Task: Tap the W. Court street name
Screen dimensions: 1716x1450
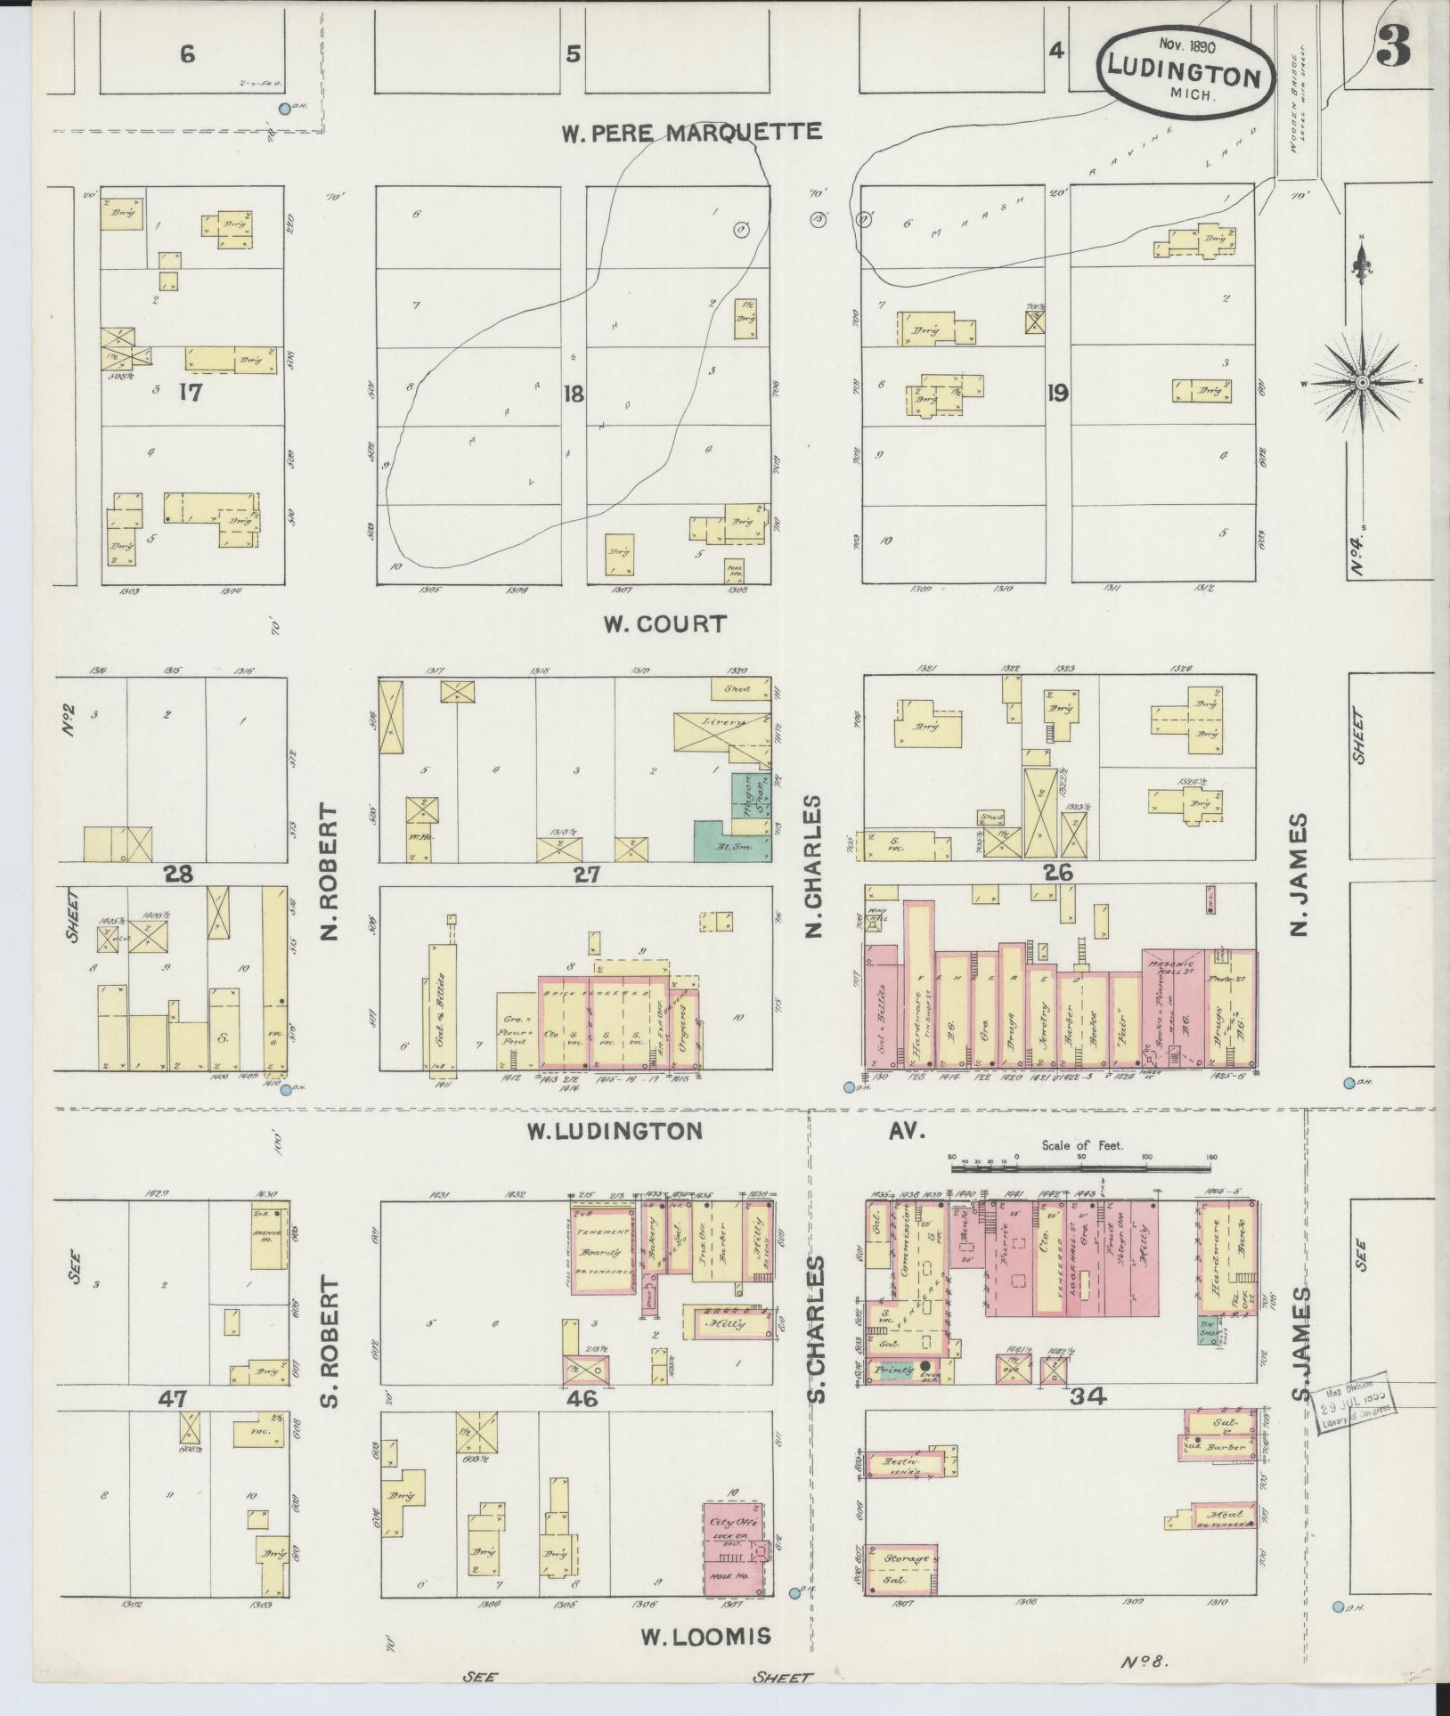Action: (x=665, y=624)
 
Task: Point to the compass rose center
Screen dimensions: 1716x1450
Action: (x=1362, y=383)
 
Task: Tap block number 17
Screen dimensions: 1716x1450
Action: (x=190, y=393)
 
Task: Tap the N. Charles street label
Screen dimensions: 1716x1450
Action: (x=811, y=866)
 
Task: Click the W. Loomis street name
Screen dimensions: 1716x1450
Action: (x=705, y=1636)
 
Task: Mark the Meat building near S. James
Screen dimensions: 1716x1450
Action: (x=1225, y=1514)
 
